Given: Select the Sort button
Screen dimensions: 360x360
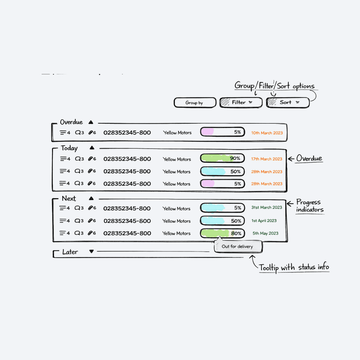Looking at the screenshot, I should pos(288,103).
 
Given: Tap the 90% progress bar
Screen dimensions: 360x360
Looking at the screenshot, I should pos(223,159).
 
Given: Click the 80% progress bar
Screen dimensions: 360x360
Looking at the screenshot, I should pos(223,233).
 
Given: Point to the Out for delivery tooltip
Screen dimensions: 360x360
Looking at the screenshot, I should pos(238,247).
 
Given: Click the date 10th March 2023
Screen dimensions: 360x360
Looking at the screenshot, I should pos(267,133).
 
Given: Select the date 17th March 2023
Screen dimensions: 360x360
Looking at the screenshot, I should pos(267,159).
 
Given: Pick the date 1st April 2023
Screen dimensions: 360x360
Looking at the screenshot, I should pos(264,221).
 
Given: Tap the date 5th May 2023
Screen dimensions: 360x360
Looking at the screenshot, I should pos(265,233).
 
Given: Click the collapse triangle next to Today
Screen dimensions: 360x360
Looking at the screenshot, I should pos(92,148).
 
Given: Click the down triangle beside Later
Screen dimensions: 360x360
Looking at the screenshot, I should pos(92,252).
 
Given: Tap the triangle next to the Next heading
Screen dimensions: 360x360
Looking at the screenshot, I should pos(91,198).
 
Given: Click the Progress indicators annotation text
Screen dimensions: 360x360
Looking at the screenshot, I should pos(310,206).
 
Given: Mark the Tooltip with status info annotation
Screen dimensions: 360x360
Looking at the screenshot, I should pos(294,267).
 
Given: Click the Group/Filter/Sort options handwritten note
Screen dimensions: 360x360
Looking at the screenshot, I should pos(274,86).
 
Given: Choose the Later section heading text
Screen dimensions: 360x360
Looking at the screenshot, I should pos(70,252).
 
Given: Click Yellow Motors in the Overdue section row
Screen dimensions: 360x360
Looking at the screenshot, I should pos(177,133).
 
